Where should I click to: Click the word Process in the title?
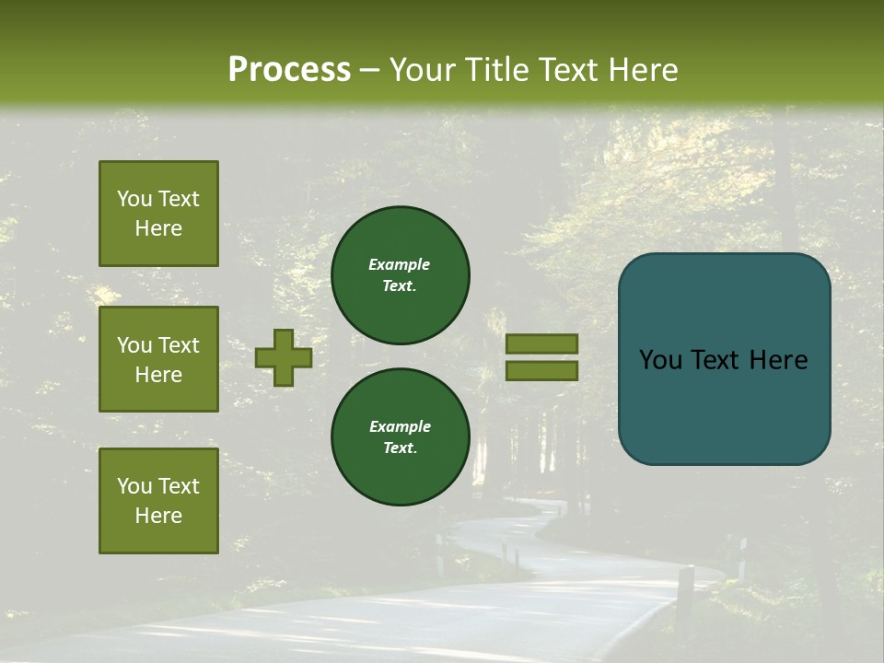tap(289, 70)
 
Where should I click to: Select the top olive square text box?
tap(158, 214)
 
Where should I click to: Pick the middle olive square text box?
tap(158, 359)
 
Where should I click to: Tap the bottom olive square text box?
tap(158, 501)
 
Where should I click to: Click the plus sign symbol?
tap(284, 357)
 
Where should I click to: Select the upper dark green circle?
tap(400, 275)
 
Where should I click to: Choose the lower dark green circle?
tap(400, 437)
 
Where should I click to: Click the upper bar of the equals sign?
tap(541, 343)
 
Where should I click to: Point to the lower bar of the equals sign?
tap(541, 370)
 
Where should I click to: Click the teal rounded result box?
tap(724, 358)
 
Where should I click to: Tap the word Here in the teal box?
tap(777, 360)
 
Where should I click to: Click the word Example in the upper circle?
tap(400, 265)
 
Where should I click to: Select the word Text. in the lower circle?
tap(400, 448)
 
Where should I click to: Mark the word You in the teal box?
tap(660, 360)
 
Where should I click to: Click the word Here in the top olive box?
tap(158, 228)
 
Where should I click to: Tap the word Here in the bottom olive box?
tap(158, 516)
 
